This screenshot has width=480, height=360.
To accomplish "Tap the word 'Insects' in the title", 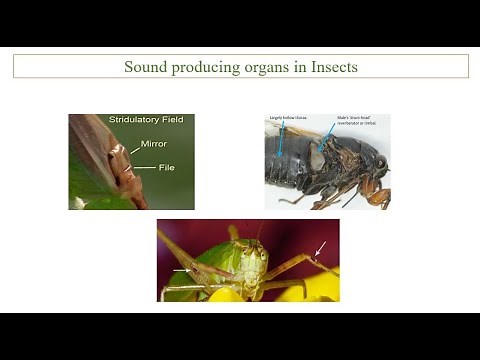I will (x=328, y=67).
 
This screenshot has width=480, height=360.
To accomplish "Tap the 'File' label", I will (x=166, y=167).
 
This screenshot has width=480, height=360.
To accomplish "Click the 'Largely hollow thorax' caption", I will (x=287, y=118).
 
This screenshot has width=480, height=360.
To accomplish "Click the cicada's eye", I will (x=380, y=161).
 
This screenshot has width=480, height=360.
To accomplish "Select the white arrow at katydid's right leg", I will (x=320, y=247).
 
